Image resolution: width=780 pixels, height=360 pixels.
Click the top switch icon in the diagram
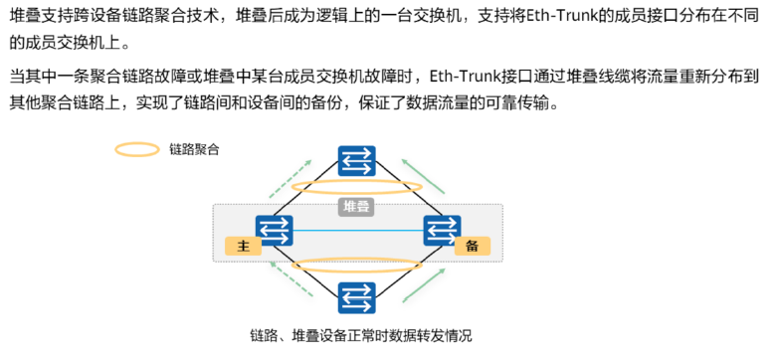click(x=356, y=162)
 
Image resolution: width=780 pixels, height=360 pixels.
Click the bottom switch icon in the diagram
click(x=356, y=298)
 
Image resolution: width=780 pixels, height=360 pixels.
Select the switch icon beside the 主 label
click(x=273, y=230)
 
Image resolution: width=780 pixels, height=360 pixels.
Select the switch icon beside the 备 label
click(x=440, y=230)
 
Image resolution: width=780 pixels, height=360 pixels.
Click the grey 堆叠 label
click(x=355, y=207)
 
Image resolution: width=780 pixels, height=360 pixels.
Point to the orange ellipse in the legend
click(x=137, y=150)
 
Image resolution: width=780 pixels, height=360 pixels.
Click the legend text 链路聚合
click(x=194, y=150)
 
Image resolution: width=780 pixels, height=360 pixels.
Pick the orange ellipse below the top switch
click(x=356, y=188)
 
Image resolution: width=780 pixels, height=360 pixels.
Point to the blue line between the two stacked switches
click(x=356, y=231)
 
